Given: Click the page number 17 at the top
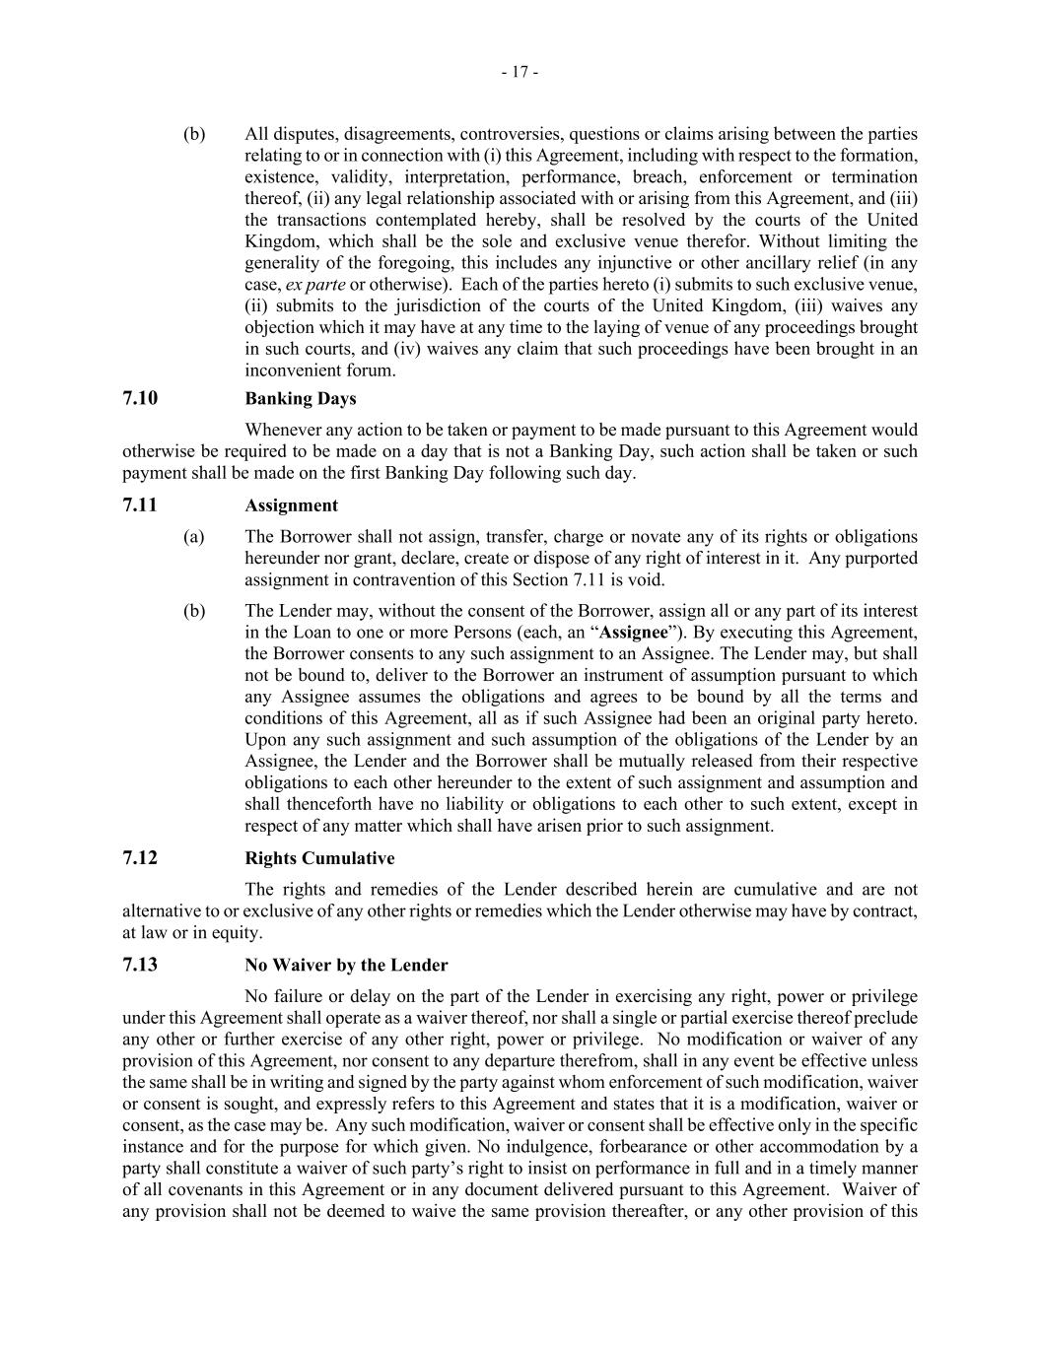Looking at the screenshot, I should pos(520,72).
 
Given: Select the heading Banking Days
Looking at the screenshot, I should pos(301,398).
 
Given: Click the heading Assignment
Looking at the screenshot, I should pos(291,505).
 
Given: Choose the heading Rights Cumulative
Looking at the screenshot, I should pos(319,858).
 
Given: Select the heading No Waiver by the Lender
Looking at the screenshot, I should pos(346,966).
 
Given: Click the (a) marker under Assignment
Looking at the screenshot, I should pos(194,537).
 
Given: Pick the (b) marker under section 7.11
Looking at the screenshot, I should pos(194,611).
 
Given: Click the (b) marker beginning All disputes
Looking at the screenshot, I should pos(194,134).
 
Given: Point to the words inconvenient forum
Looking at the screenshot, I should pos(319,370).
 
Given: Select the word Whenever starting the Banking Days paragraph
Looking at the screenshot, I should pos(282,430).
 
